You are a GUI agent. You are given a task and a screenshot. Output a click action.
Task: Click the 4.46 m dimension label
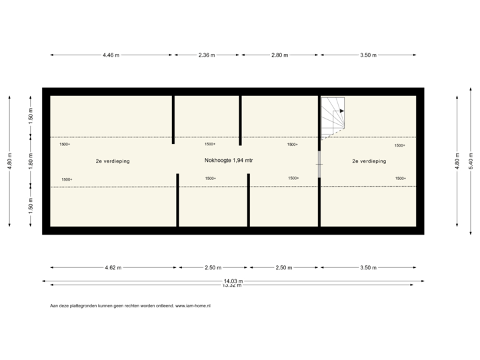[111, 55]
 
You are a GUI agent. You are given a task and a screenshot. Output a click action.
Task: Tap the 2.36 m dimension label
[207, 55]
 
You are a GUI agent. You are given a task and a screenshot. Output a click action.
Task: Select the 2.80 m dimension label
[279, 55]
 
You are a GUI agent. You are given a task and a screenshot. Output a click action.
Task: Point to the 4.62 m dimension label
[112, 268]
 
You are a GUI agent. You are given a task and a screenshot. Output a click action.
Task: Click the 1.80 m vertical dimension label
[30, 161]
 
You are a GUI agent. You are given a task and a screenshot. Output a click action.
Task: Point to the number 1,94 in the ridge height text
[236, 161]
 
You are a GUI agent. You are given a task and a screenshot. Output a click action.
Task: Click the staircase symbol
[333, 117]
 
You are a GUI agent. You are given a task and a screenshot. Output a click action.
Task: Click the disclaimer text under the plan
[131, 306]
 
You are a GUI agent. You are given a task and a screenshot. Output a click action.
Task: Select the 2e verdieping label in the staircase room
[369, 161]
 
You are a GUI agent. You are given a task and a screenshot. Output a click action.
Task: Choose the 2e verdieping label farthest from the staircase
[113, 161]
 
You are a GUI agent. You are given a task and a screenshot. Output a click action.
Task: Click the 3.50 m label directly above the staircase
[368, 55]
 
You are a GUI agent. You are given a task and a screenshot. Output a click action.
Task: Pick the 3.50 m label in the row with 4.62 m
[368, 268]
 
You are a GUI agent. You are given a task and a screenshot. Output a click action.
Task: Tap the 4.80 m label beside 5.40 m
[457, 161]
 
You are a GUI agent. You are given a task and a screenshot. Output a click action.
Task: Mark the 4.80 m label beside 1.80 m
[9, 161]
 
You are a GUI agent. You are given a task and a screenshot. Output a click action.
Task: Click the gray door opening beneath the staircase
[319, 164]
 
